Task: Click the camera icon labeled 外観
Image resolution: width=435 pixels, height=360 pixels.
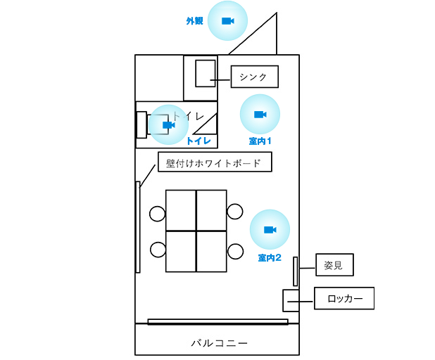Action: pyautogui.click(x=228, y=21)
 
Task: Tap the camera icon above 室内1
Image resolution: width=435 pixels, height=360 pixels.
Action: pyautogui.click(x=260, y=114)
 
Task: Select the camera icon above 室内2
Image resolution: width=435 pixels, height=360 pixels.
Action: pyautogui.click(x=270, y=230)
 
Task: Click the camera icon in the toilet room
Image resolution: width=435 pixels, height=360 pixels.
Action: pyautogui.click(x=169, y=125)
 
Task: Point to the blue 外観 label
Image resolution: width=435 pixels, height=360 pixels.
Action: pyautogui.click(x=195, y=21)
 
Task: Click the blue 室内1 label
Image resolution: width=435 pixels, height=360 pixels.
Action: pyautogui.click(x=260, y=141)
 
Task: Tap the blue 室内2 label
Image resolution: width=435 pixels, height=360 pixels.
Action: pyautogui.click(x=270, y=258)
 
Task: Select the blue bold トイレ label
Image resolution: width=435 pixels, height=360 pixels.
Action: pyautogui.click(x=198, y=141)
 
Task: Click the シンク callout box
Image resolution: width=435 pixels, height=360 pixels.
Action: pyautogui.click(x=255, y=77)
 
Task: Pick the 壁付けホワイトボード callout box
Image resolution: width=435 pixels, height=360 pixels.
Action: pyautogui.click(x=215, y=162)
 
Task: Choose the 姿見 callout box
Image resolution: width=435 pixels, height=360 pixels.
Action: pyautogui.click(x=334, y=264)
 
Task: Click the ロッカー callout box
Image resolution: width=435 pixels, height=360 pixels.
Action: pyautogui.click(x=344, y=298)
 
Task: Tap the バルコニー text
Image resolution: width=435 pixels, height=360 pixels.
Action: pyautogui.click(x=219, y=343)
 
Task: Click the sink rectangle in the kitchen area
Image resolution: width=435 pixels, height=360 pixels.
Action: pyautogui.click(x=206, y=73)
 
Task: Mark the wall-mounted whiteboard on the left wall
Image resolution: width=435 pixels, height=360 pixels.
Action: pyautogui.click(x=138, y=227)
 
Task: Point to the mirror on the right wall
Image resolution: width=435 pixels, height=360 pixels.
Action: pyautogui.click(x=296, y=271)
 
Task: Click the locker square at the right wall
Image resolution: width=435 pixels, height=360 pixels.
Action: pyautogui.click(x=291, y=301)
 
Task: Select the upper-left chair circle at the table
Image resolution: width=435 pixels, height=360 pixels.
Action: pyautogui.click(x=157, y=214)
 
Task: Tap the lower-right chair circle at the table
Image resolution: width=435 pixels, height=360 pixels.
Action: pyautogui.click(x=235, y=251)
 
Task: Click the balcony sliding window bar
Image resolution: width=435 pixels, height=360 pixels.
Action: pyautogui.click(x=218, y=322)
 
